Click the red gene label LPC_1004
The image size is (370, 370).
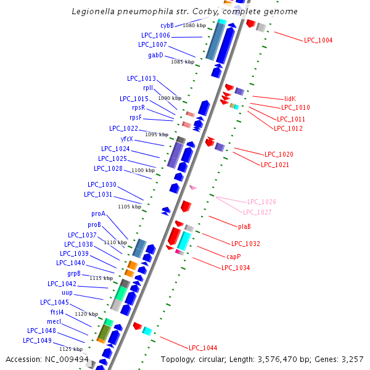point(318,40)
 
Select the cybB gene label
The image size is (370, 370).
point(167,25)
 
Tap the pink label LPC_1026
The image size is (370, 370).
point(261,202)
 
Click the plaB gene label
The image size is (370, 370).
point(244,226)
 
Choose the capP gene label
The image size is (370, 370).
point(234,256)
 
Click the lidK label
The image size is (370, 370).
point(290,99)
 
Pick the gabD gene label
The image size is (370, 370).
point(155,55)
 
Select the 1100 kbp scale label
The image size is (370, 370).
point(143,170)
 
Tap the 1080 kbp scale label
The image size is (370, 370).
point(194,25)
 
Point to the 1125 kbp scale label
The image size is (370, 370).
point(71,349)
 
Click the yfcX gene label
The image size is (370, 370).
point(126,139)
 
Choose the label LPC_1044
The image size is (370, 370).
point(203,348)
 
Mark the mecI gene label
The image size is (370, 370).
point(54,321)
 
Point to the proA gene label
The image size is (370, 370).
point(98,213)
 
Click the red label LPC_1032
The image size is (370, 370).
point(245,244)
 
